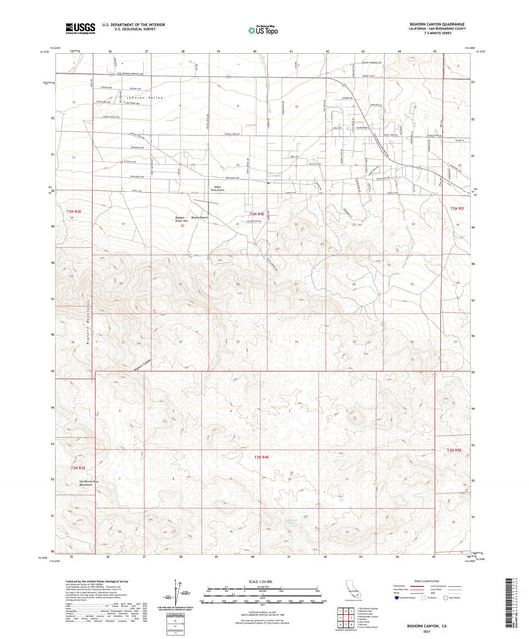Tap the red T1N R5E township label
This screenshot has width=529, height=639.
pyautogui.click(x=457, y=452)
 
